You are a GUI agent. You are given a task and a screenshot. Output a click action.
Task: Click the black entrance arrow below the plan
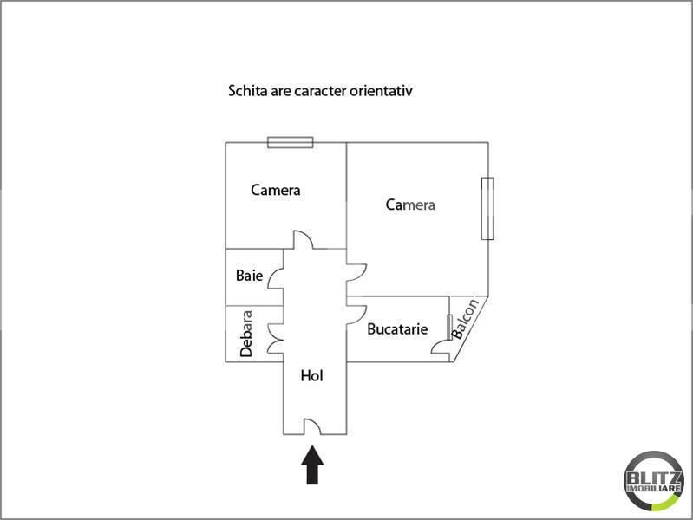click(x=312, y=465)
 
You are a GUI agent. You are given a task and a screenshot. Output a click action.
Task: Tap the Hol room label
click(x=311, y=375)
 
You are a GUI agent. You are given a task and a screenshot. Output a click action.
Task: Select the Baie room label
click(x=249, y=276)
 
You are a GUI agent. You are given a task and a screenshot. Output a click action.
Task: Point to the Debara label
click(x=246, y=334)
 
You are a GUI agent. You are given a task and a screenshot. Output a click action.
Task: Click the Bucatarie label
click(x=397, y=328)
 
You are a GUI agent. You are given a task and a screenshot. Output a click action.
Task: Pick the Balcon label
click(x=465, y=319)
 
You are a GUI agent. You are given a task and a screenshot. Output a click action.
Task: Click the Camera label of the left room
click(x=275, y=190)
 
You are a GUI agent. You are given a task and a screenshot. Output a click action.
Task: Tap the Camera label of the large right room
click(x=410, y=205)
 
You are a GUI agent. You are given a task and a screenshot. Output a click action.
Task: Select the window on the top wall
click(x=291, y=142)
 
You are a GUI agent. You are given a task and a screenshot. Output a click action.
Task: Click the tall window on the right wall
click(x=487, y=209)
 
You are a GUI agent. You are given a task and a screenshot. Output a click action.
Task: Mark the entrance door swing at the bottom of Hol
click(x=312, y=426)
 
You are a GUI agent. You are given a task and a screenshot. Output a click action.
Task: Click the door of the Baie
click(x=276, y=279)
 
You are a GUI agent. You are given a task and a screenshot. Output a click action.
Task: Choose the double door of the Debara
click(x=276, y=340)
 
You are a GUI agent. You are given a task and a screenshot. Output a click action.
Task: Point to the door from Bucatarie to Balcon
click(x=441, y=346)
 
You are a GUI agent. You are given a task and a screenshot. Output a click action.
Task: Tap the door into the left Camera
click(x=304, y=239)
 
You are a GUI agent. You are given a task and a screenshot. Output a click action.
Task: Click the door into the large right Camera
click(x=356, y=273)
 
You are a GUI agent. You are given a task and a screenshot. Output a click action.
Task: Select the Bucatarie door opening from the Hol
click(x=356, y=315)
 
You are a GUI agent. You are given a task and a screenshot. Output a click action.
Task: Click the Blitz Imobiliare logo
click(x=654, y=481)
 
